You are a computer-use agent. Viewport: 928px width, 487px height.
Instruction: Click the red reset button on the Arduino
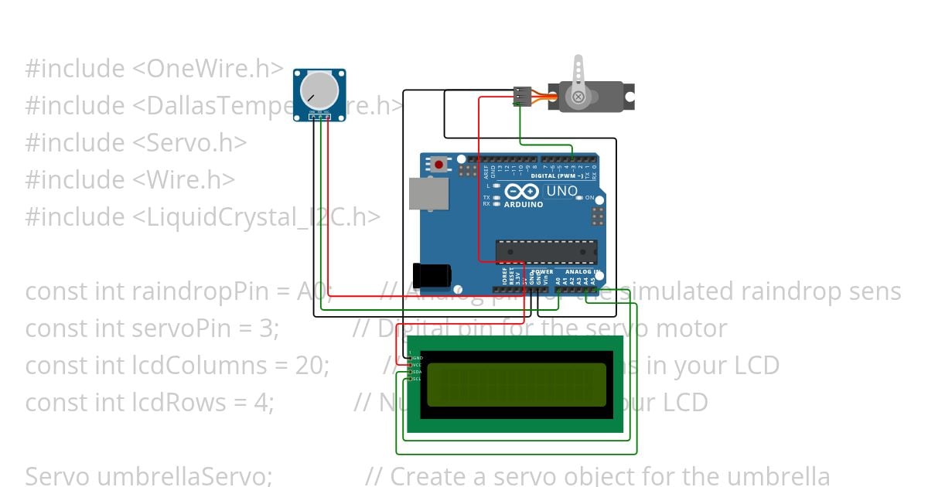tap(440, 164)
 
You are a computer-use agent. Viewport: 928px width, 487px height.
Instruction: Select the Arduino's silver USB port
tap(422, 194)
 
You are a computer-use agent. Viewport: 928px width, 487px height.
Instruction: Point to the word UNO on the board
tap(561, 191)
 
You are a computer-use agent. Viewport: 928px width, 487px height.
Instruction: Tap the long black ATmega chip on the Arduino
tap(546, 252)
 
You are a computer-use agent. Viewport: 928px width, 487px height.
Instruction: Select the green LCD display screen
tap(516, 384)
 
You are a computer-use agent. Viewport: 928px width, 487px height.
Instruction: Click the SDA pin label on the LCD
tap(415, 372)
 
